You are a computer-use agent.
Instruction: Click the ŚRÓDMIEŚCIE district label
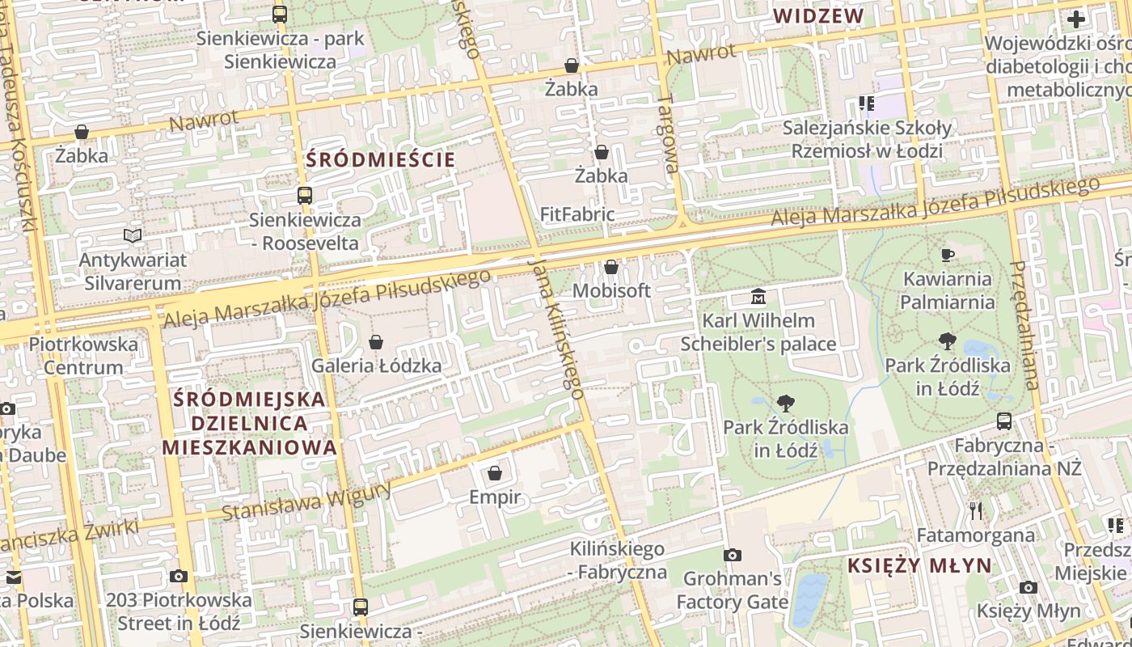pyautogui.click(x=382, y=159)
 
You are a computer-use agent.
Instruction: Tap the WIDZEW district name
pyautogui.click(x=818, y=16)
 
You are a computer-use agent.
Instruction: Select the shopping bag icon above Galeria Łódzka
pyautogui.click(x=376, y=342)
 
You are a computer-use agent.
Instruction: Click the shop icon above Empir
pyautogui.click(x=495, y=473)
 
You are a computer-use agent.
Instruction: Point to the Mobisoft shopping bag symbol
pyautogui.click(x=611, y=267)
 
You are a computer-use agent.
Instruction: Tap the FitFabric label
pyautogui.click(x=577, y=214)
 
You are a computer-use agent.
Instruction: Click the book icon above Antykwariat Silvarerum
pyautogui.click(x=133, y=235)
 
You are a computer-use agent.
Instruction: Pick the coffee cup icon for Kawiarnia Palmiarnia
pyautogui.click(x=948, y=256)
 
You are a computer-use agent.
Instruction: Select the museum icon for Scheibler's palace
pyautogui.click(x=758, y=297)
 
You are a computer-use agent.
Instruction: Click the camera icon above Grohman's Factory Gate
pyautogui.click(x=733, y=555)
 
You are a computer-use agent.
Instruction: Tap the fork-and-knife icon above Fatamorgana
pyautogui.click(x=976, y=510)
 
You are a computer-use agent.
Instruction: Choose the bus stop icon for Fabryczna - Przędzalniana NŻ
pyautogui.click(x=1004, y=421)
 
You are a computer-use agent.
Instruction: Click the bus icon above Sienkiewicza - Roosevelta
pyautogui.click(x=305, y=196)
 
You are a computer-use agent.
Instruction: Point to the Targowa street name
pyautogui.click(x=668, y=133)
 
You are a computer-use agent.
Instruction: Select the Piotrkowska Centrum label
pyautogui.click(x=83, y=356)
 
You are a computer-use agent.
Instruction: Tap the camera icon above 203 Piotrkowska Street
pyautogui.click(x=179, y=577)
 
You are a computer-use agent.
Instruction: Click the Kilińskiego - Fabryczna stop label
pyautogui.click(x=618, y=560)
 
